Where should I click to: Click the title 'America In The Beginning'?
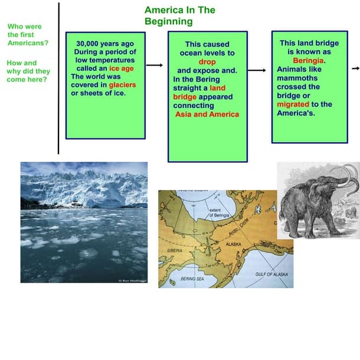[179, 16]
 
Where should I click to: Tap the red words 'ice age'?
[122, 68]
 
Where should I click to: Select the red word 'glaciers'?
[122, 84]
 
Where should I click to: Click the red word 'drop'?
[207, 61]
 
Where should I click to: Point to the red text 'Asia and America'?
[207, 114]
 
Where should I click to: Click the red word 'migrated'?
[292, 104]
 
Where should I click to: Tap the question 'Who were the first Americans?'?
[28, 35]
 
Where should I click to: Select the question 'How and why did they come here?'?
[28, 71]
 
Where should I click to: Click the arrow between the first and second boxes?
[154, 66]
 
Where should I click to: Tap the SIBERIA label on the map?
[175, 250]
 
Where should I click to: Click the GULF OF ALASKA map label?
[271, 275]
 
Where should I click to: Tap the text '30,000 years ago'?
[105, 44]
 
